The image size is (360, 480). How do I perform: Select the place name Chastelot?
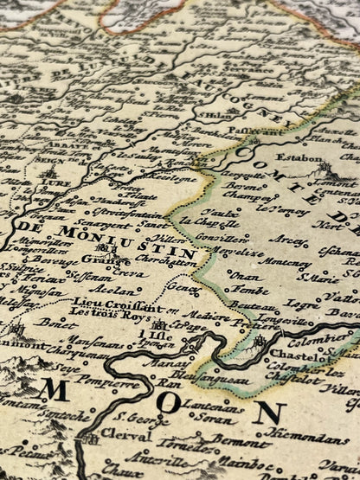click(293, 355)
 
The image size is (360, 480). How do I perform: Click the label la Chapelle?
click(222, 221)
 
